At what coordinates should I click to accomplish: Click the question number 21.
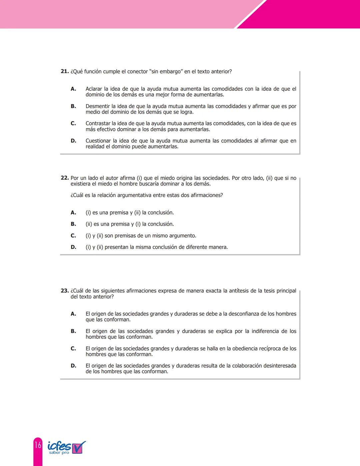click(65, 71)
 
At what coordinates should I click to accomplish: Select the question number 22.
click(65, 178)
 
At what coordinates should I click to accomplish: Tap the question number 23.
click(65, 291)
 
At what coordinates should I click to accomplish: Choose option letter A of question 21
click(73, 89)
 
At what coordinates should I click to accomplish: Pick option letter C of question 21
click(73, 123)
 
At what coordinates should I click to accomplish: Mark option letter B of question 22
click(73, 224)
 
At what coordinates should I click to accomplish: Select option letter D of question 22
click(73, 247)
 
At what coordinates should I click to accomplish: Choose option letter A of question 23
click(73, 314)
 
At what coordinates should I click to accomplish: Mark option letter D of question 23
click(73, 366)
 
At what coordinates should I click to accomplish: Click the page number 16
click(38, 445)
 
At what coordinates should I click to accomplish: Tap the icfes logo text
click(59, 446)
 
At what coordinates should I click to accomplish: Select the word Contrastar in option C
click(98, 123)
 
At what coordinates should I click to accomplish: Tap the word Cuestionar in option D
click(98, 141)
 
